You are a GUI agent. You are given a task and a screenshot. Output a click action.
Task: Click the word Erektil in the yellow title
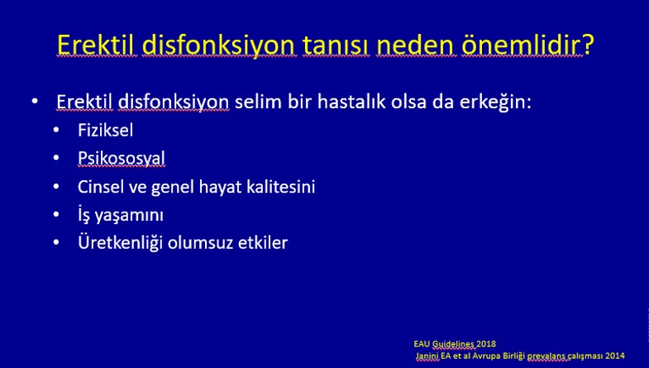[x=96, y=45]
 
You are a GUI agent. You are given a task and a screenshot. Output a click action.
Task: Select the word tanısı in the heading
[x=336, y=45]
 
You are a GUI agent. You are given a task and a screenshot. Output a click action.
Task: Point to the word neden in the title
[x=415, y=45]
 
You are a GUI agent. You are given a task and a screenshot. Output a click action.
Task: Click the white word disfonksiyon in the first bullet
[x=174, y=102]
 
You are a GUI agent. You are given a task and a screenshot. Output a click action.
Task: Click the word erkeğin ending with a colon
[x=495, y=103]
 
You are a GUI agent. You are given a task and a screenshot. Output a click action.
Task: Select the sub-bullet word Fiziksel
[x=106, y=131]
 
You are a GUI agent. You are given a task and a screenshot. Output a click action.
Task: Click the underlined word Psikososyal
[x=122, y=159]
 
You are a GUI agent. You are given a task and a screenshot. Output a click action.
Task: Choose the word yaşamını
[x=129, y=216]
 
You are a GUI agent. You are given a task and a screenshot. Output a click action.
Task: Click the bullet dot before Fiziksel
[x=56, y=130]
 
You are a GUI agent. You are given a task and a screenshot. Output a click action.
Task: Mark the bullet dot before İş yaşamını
[x=56, y=214]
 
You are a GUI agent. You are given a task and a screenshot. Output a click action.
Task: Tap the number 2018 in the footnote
[x=486, y=344]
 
